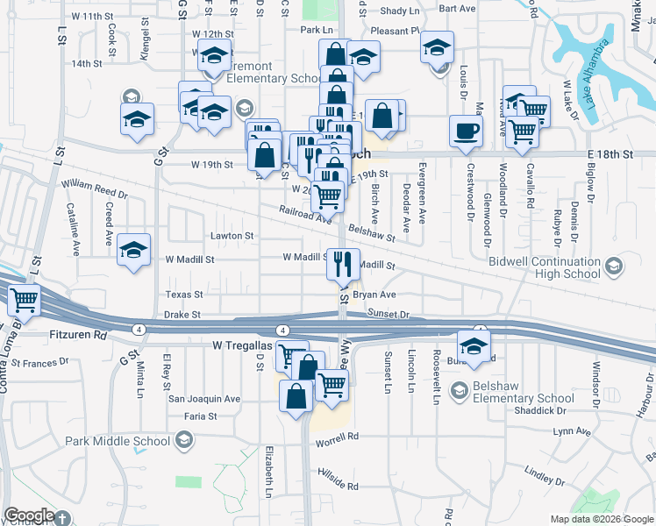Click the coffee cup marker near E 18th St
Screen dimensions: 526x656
(466, 131)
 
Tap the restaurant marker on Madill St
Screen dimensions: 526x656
(344, 262)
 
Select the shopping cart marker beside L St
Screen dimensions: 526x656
(24, 301)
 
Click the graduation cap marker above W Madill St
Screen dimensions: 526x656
(133, 250)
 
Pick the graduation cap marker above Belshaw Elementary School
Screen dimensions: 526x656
(474, 345)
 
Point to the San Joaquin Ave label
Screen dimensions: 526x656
(203, 398)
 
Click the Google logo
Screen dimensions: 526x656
(29, 515)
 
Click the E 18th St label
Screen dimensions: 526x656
(610, 153)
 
